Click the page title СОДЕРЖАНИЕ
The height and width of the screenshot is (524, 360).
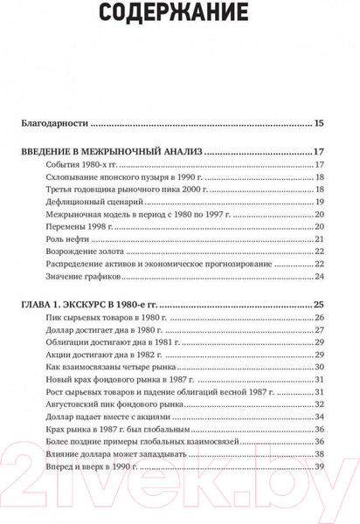[179, 13]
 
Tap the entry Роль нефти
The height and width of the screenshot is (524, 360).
[64, 238]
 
